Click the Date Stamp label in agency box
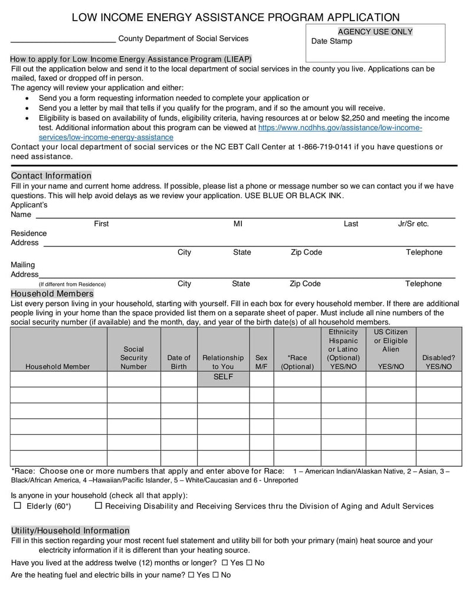tap(332, 41)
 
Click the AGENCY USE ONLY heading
tap(375, 32)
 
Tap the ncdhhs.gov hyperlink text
tap(340, 128)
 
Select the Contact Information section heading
tap(51, 176)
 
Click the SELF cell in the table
tap(223, 377)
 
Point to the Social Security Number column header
tap(134, 358)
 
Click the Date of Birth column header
tap(179, 362)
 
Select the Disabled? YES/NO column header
tap(438, 362)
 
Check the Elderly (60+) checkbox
tap(17, 506)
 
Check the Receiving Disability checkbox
tap(99, 506)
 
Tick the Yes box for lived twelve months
tap(225, 562)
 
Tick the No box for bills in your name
tap(215, 575)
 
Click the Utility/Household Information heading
tap(70, 530)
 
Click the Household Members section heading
tap(52, 294)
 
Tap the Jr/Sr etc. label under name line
tap(413, 224)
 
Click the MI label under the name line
tap(238, 224)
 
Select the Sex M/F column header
tap(261, 362)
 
